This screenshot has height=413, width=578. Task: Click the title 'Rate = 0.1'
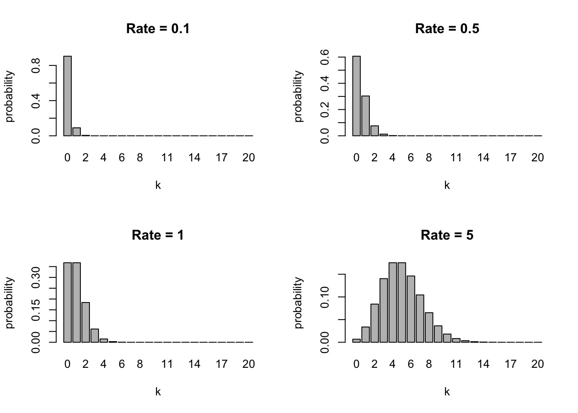(158, 29)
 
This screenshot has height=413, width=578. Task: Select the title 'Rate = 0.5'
(447, 29)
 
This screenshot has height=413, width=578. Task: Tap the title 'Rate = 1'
(158, 235)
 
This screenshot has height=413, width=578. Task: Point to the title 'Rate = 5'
(447, 235)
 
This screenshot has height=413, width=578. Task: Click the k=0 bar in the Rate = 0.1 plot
(68, 96)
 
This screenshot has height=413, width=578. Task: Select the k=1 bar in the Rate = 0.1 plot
(77, 132)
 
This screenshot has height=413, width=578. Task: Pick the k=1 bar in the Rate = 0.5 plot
(366, 116)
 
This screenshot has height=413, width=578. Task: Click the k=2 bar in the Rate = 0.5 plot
(375, 131)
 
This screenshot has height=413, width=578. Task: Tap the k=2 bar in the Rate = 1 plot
(86, 322)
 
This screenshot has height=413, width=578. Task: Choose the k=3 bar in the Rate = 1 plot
(95, 336)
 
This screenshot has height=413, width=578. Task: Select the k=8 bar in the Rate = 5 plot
(429, 327)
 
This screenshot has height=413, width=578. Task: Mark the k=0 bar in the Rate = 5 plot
(357, 341)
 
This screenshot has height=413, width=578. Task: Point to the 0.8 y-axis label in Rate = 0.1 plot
(36, 65)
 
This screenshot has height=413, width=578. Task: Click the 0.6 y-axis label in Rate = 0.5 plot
(325, 57)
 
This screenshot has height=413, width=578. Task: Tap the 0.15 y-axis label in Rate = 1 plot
(36, 309)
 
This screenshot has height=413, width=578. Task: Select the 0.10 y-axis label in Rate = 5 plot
(325, 297)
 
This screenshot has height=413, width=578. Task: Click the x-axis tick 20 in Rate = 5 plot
(538, 364)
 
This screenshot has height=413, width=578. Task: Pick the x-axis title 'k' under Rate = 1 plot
(158, 392)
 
